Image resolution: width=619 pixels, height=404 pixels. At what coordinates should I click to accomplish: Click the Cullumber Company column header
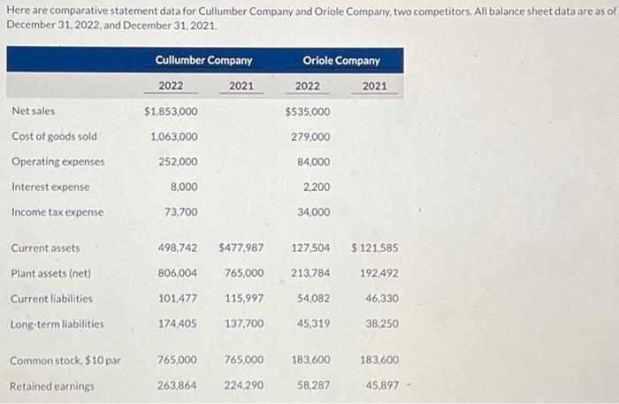coord(203,60)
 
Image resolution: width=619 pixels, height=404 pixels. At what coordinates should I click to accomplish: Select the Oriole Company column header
coord(341,60)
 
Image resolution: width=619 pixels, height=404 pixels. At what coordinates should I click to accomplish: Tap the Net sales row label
coord(33,111)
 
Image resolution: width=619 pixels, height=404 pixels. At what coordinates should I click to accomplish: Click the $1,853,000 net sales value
coord(171,111)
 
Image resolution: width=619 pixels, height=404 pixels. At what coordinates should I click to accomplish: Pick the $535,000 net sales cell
coord(308,111)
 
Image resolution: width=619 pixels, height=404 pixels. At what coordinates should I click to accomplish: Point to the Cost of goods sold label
coord(54,136)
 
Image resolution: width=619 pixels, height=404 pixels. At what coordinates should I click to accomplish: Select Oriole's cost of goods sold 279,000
coord(310,136)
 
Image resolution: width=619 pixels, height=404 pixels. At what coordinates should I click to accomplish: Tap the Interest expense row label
coord(50,187)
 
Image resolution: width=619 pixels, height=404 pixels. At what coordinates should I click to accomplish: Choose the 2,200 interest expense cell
coord(316,187)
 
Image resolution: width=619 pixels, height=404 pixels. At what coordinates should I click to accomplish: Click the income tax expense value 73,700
coord(181,212)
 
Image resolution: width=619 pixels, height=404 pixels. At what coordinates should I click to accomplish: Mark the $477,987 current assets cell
coord(241,248)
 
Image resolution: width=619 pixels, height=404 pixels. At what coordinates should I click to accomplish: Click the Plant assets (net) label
coord(51,273)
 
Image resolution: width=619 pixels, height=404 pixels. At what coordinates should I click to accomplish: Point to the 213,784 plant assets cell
coord(310,273)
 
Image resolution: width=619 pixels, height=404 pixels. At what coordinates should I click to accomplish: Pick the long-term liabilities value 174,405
coord(177,324)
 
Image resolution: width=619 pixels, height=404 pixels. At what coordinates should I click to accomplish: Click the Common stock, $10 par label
coord(66,361)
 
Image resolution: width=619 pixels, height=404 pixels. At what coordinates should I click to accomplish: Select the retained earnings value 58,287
coord(314,385)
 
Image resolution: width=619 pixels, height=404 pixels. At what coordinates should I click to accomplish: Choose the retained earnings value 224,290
coord(244,385)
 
